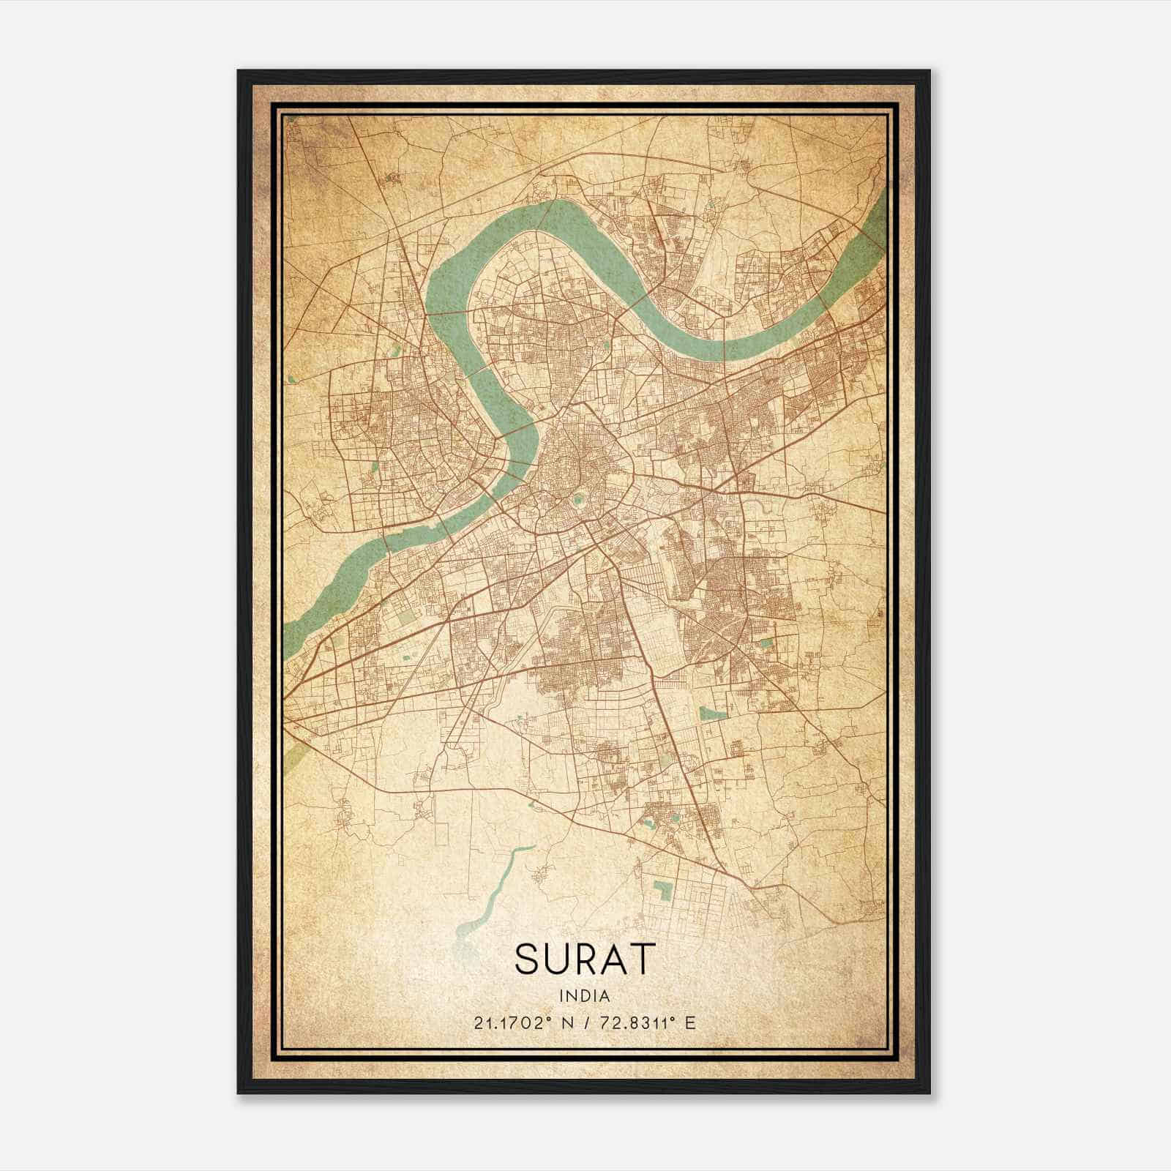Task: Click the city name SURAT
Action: pos(583,959)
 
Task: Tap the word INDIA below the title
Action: pos(583,995)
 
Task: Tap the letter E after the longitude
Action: pos(689,1022)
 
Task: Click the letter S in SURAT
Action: pos(528,959)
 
